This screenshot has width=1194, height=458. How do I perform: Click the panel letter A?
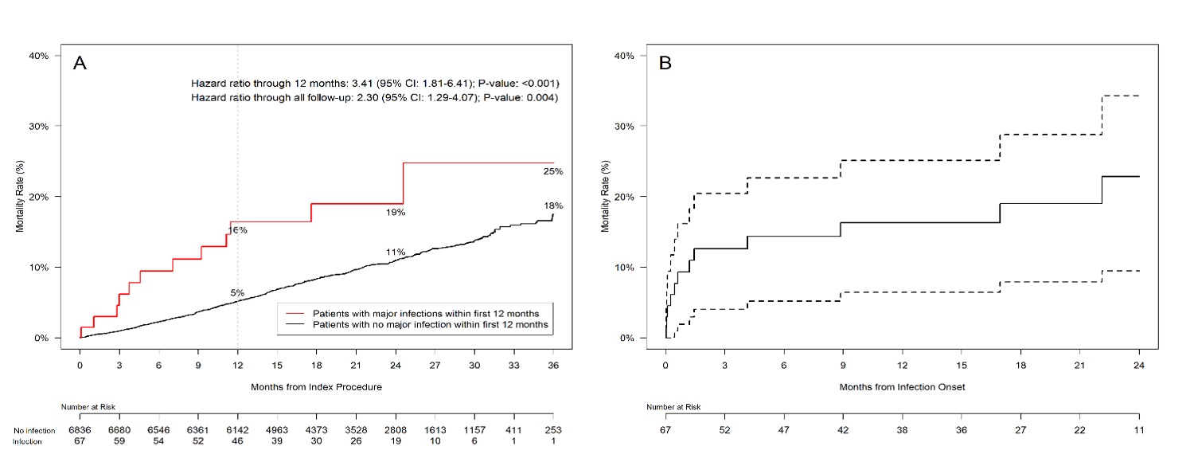pyautogui.click(x=80, y=64)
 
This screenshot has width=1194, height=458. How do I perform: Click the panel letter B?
pyautogui.click(x=665, y=64)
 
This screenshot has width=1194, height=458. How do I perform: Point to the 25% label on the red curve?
pyautogui.click(x=553, y=171)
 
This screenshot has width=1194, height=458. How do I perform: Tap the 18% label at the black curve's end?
pyautogui.click(x=553, y=206)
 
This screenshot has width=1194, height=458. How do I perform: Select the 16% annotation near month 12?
pyautogui.click(x=237, y=230)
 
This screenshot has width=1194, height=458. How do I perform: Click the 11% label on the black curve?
pyautogui.click(x=396, y=252)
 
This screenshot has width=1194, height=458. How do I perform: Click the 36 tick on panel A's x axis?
pyautogui.click(x=552, y=365)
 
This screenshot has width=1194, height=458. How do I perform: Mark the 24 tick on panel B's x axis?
pyautogui.click(x=1138, y=365)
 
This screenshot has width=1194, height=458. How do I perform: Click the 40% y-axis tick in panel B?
pyautogui.click(x=623, y=56)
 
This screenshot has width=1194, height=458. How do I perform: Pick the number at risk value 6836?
pyautogui.click(x=80, y=430)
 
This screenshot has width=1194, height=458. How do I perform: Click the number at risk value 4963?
pyautogui.click(x=276, y=430)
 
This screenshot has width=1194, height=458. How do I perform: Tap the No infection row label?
pyautogui.click(x=34, y=431)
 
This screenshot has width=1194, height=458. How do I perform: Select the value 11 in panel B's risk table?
pyautogui.click(x=1138, y=430)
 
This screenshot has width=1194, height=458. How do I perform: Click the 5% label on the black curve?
pyautogui.click(x=237, y=293)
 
